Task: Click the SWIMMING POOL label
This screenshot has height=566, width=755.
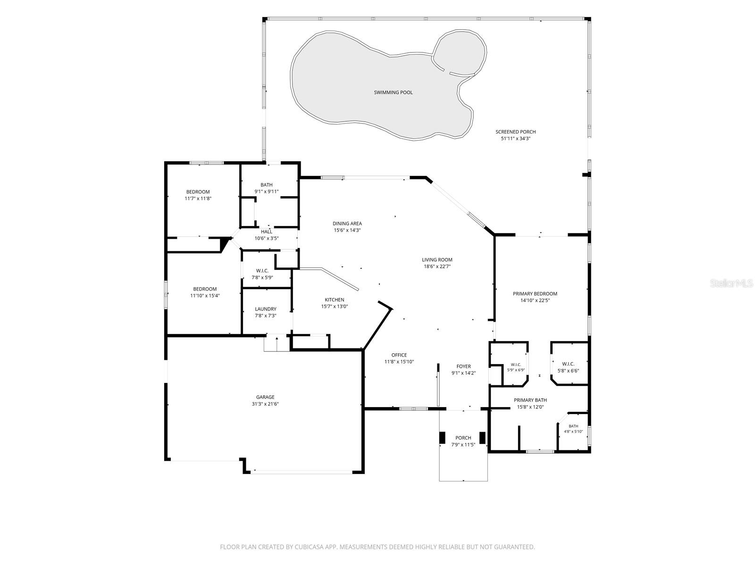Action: coord(393,92)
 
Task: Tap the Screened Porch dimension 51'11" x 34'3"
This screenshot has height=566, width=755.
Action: coord(515,139)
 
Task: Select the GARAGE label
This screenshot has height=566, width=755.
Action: coord(265,397)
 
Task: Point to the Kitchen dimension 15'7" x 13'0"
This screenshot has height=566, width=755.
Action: coord(335,307)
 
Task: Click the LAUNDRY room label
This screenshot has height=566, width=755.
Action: coord(265,309)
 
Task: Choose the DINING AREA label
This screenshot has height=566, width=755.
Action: coord(347,224)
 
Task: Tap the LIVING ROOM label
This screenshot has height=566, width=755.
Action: coord(437,260)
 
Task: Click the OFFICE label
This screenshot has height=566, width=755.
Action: coord(399,355)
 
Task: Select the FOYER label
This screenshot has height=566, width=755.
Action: coord(463,366)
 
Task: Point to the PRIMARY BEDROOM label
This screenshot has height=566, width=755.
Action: coord(535,294)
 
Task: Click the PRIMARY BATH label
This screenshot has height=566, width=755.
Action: coord(530,400)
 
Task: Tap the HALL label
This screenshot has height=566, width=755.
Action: coord(266,232)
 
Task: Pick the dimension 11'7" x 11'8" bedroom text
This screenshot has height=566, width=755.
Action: coord(198,199)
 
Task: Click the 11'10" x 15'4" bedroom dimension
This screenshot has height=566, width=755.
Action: coord(205,296)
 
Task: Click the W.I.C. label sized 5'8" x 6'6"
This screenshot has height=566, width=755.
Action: coord(568,364)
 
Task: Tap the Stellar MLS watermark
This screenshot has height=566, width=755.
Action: coord(731,283)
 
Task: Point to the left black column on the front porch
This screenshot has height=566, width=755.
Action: coord(442,438)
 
